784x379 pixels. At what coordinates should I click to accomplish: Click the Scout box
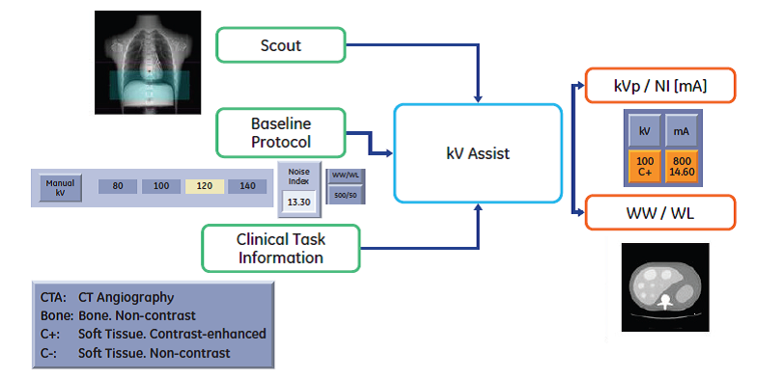[281, 45]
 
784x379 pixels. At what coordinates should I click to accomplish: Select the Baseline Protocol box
[281, 132]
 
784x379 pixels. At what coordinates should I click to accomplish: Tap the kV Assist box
[478, 153]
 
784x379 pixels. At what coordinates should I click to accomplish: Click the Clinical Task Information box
[281, 248]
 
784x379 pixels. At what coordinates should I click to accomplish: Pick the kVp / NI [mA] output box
[660, 86]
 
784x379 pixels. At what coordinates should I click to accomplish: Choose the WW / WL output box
[660, 213]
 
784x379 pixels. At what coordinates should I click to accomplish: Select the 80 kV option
[118, 186]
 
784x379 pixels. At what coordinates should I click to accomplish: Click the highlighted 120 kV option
[205, 186]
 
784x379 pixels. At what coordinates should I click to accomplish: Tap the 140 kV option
[247, 186]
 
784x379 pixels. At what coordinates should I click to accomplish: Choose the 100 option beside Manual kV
[161, 186]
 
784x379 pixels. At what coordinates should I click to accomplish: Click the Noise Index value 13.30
[299, 203]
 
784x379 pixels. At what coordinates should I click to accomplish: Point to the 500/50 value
[346, 195]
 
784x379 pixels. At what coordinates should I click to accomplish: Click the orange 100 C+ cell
[645, 166]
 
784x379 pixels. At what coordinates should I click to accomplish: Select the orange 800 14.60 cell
[682, 166]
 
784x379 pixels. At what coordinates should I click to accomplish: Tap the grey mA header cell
[682, 131]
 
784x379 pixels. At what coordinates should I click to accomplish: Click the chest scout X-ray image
[148, 62]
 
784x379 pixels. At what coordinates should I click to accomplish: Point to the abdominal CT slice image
[665, 287]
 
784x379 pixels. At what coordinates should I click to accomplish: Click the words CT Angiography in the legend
[126, 298]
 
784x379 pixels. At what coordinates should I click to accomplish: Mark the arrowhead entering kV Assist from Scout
[479, 98]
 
